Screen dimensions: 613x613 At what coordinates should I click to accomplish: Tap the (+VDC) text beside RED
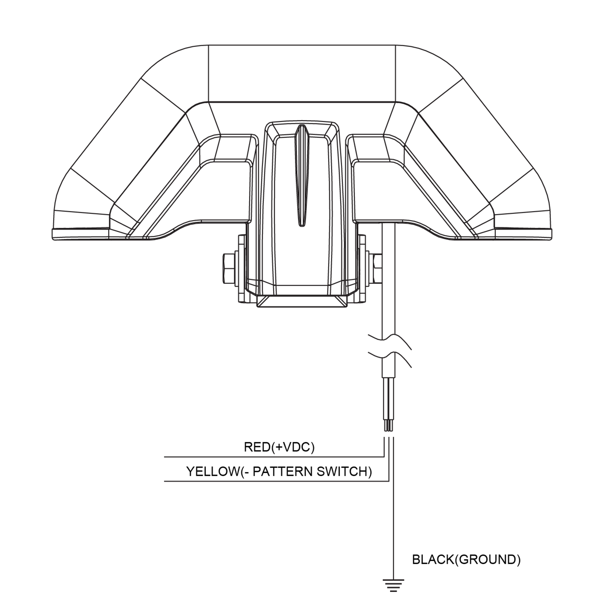point(293,447)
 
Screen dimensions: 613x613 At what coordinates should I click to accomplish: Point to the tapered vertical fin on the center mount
point(301,175)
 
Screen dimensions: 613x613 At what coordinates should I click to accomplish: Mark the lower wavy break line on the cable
point(389,358)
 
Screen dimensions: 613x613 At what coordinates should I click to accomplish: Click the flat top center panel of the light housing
point(301,73)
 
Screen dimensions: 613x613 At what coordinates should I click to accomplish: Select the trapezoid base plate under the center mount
point(302,301)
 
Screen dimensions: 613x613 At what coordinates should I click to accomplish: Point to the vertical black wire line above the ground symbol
point(393,524)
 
